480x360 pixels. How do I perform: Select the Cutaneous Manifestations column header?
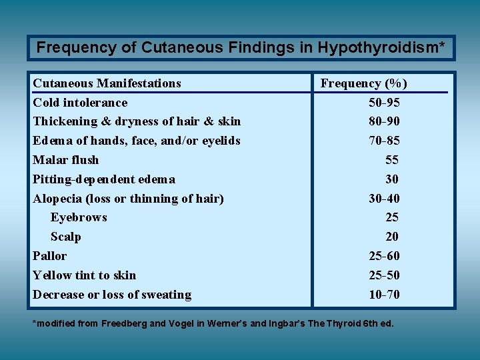coord(107,83)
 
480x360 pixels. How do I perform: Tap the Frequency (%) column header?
coord(364,83)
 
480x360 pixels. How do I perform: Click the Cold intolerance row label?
coord(80,103)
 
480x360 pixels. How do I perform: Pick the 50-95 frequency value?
coord(384,103)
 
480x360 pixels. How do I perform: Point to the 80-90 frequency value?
coord(384,121)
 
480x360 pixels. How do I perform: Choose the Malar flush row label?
coord(65,160)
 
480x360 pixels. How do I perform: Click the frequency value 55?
coord(391,160)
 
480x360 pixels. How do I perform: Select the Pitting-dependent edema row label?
coord(104,179)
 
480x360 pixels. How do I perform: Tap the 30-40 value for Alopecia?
coord(384,199)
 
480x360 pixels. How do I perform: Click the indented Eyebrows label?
coord(79,217)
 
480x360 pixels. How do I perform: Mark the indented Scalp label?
coord(65,237)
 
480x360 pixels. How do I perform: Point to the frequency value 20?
coord(391,237)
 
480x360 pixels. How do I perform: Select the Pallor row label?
coord(50,256)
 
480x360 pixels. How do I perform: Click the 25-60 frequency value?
coord(384,256)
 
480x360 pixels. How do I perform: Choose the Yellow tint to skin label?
coord(84,275)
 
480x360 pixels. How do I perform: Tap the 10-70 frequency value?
coord(384,295)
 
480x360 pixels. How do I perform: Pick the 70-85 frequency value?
coord(384,141)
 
